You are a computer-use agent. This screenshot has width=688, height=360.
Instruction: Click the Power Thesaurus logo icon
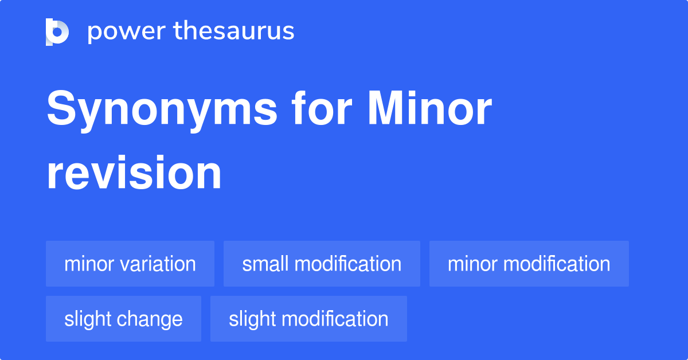(x=57, y=32)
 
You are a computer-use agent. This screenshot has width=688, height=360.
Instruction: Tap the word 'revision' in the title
(x=134, y=173)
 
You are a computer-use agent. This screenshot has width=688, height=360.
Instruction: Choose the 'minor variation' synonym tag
(x=130, y=264)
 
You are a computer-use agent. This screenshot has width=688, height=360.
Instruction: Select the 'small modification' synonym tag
(x=322, y=264)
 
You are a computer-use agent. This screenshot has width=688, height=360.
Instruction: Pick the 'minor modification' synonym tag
(x=529, y=264)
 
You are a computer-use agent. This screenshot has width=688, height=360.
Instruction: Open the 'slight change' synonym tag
(x=123, y=319)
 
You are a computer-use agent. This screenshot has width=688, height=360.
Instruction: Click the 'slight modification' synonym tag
(x=308, y=319)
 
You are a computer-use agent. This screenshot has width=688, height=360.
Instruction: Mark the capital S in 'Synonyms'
(x=62, y=109)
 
